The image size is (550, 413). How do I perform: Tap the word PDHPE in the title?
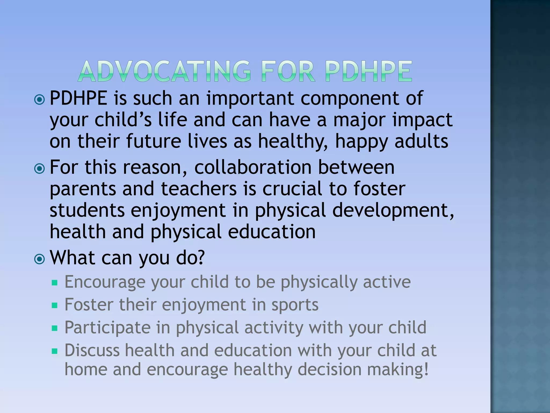point(368,71)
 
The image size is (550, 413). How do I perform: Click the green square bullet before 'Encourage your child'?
point(55,283)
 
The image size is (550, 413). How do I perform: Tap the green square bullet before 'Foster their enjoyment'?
point(55,305)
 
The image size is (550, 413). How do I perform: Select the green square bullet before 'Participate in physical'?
point(55,328)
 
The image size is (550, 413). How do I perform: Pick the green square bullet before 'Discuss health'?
point(55,351)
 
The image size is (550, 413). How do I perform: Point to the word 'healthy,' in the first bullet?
point(293,142)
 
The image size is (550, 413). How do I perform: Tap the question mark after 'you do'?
point(200,258)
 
